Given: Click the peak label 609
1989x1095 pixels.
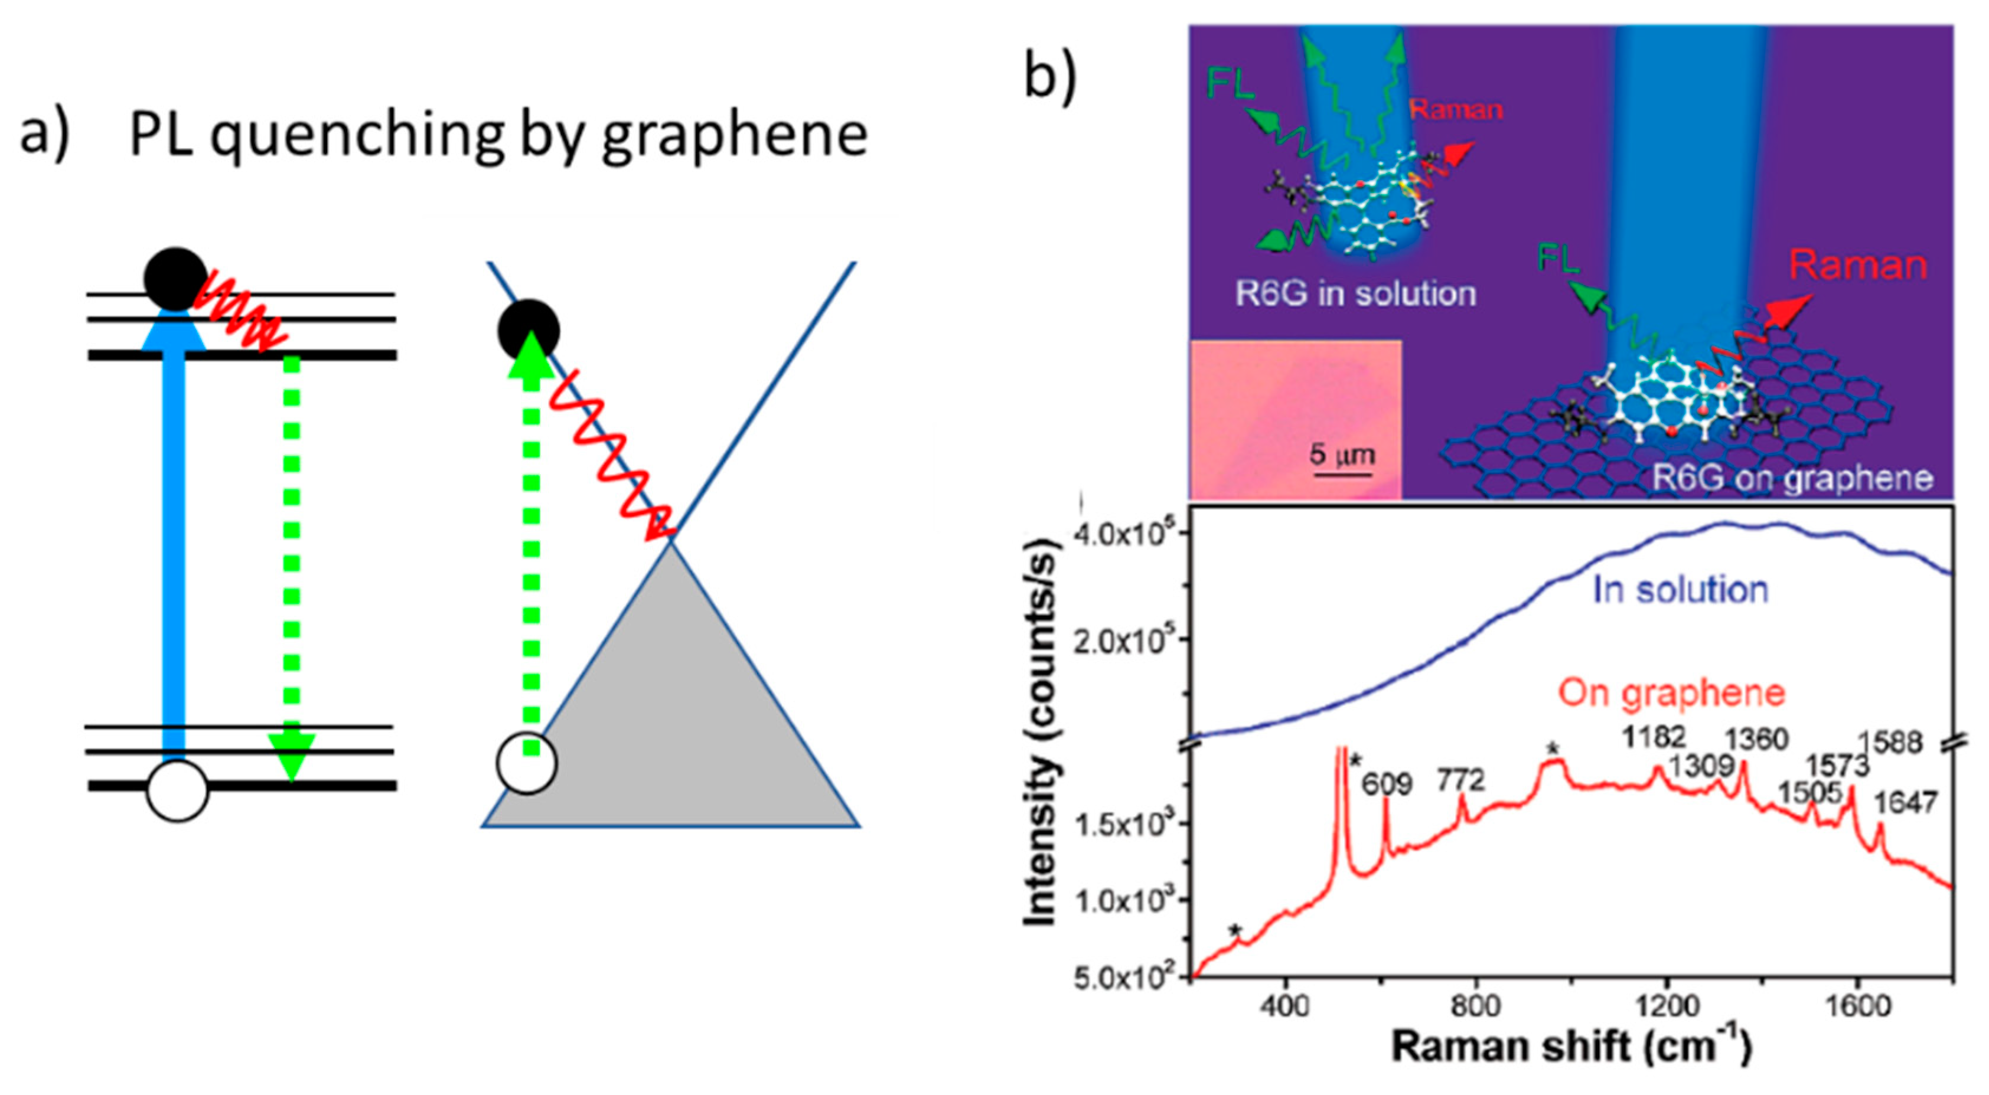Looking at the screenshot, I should tap(1387, 784).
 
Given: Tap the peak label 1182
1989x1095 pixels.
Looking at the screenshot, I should tap(1653, 738).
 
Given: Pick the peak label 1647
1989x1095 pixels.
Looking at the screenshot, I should tap(1906, 803).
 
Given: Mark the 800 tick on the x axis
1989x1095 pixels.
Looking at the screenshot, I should tap(1476, 1006).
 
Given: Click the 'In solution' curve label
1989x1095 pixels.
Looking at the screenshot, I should tap(1681, 590).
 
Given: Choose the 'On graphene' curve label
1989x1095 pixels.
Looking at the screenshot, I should tap(1672, 692).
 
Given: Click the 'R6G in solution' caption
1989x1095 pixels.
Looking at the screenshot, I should tap(1356, 293).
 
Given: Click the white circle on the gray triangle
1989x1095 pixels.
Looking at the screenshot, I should tap(527, 763).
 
